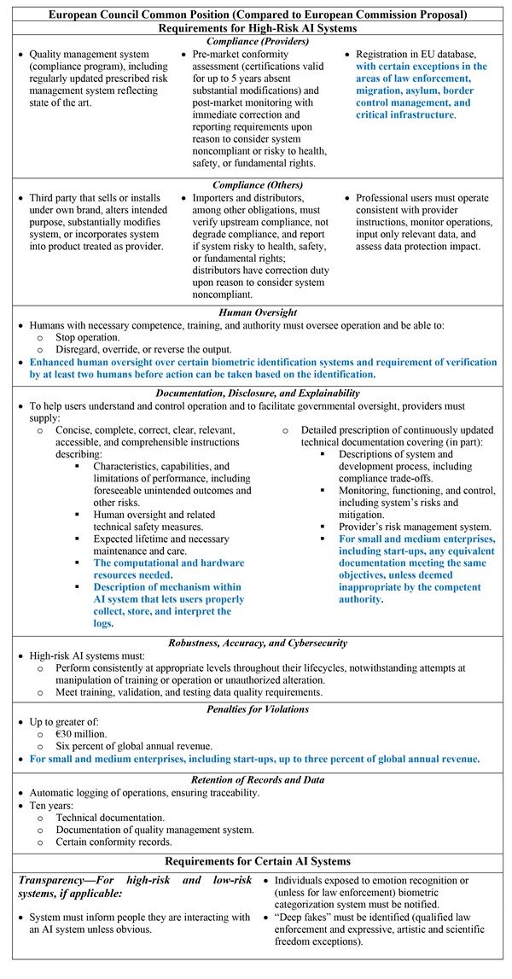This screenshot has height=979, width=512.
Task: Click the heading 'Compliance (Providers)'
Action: coord(256,40)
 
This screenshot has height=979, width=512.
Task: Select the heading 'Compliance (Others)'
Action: coord(256,183)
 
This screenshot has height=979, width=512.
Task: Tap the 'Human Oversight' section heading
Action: coord(256,312)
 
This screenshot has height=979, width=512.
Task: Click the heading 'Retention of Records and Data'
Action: coord(256,779)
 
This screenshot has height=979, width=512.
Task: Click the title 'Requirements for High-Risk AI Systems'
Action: coord(256,27)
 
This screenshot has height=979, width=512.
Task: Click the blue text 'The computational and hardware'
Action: coord(169,562)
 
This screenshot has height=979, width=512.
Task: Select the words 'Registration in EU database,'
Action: coord(422,54)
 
